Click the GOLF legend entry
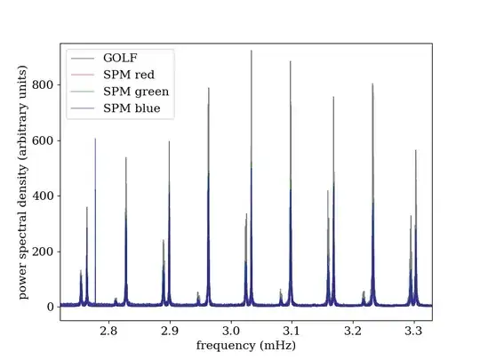(119, 58)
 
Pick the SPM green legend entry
(136, 92)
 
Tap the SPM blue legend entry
(132, 109)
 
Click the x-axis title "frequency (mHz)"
(246, 345)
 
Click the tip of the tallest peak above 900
(252, 51)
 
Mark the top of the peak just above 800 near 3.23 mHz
(372, 84)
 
